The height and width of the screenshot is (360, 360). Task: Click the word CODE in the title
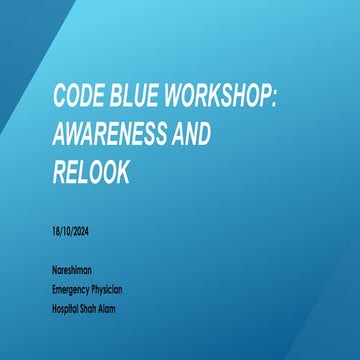pos(79,97)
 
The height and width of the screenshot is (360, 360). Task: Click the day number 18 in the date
pos(56,231)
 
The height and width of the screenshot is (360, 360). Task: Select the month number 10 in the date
pos(68,231)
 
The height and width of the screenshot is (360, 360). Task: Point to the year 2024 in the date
pos(83,231)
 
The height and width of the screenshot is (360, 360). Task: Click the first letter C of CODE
pos(60,97)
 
